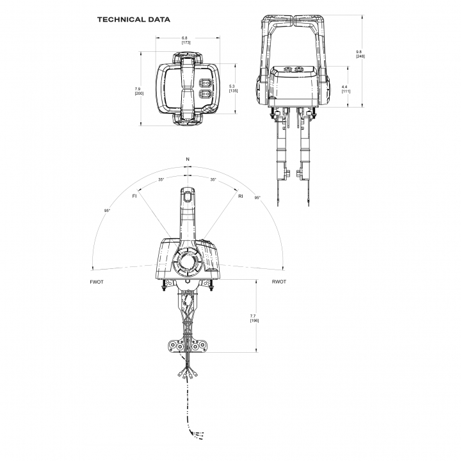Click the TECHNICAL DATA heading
click(133, 20)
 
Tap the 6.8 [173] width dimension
click(186, 40)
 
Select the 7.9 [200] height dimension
click(139, 91)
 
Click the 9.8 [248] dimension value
click(360, 54)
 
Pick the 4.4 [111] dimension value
click(346, 89)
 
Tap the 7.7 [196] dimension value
click(254, 318)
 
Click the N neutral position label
click(188, 159)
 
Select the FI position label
click(134, 196)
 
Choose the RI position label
click(241, 196)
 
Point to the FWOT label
click(97, 282)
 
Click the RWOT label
click(279, 282)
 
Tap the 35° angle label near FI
click(161, 180)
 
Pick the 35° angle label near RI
click(213, 180)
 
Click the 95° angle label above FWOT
click(107, 211)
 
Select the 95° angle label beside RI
click(257, 198)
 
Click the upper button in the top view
click(206, 83)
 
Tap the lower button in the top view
click(206, 94)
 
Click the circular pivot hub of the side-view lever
click(187, 261)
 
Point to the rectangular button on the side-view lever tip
click(188, 196)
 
